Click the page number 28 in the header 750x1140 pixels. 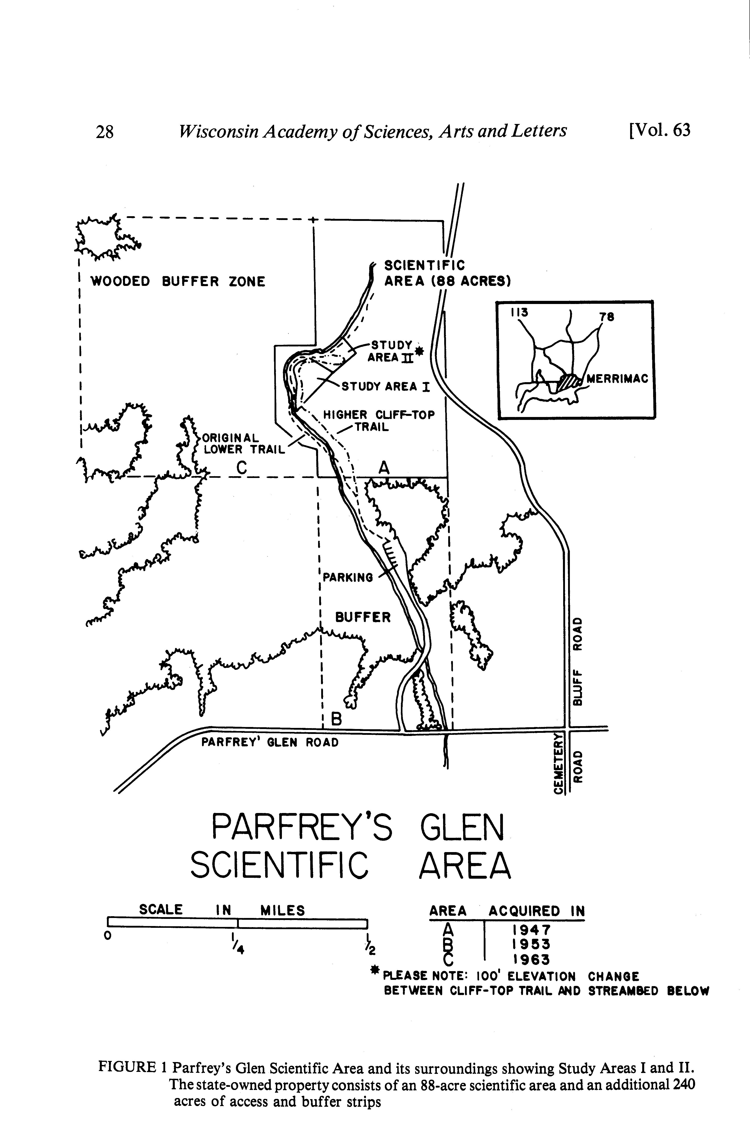pos(105,131)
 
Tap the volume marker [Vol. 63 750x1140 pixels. pos(660,130)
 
